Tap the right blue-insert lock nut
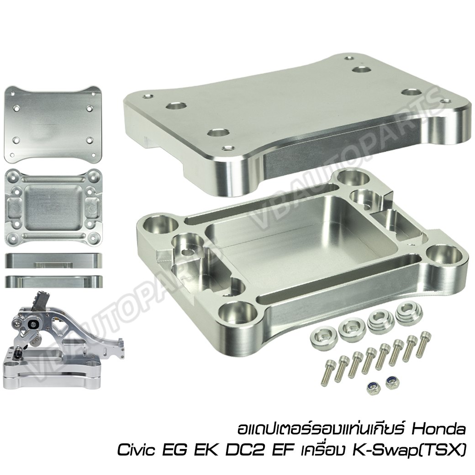pyautogui.click(x=391, y=380)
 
